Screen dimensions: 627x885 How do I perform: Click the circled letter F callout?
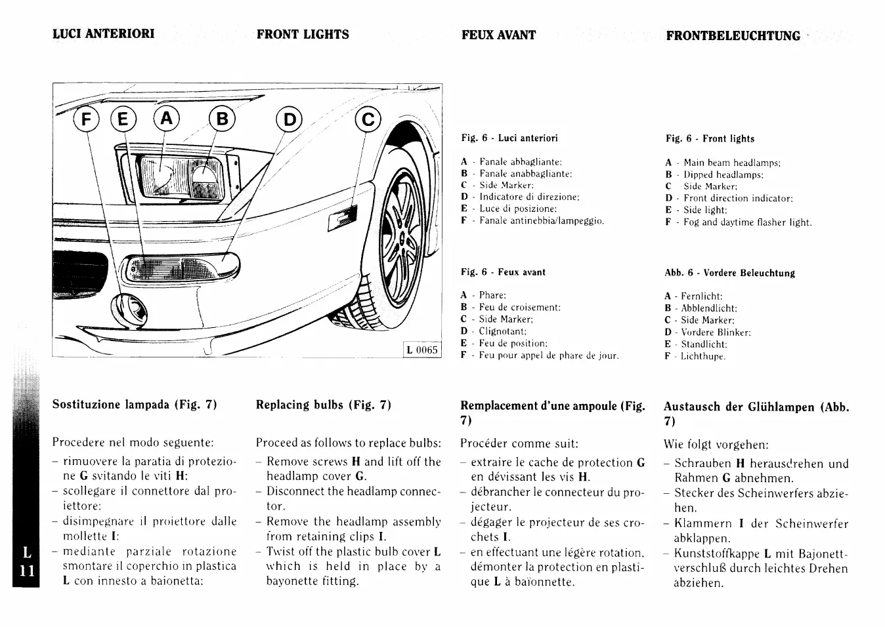85,121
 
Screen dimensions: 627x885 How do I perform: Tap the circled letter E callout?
123,121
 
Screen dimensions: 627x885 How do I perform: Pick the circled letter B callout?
222,119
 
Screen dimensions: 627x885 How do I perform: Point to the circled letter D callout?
290,119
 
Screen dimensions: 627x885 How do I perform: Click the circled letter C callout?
368,119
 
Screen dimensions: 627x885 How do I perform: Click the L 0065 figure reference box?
421,350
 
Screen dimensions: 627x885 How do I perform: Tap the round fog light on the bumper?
129,309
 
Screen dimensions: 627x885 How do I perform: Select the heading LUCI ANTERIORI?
104,34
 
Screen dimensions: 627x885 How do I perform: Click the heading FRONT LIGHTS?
303,35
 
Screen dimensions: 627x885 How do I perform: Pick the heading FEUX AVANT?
498,35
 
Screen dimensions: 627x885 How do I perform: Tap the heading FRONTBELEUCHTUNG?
733,36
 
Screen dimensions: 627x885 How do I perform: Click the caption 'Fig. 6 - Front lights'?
710,138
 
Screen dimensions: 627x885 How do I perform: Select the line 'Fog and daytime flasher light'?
747,222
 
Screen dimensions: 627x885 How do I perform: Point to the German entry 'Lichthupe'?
702,356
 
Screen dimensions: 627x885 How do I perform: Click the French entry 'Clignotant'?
502,331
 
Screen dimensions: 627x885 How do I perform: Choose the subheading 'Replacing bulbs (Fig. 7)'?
323,405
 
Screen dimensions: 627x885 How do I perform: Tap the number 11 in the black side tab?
26,570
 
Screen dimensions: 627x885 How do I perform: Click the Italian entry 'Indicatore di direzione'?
529,197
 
